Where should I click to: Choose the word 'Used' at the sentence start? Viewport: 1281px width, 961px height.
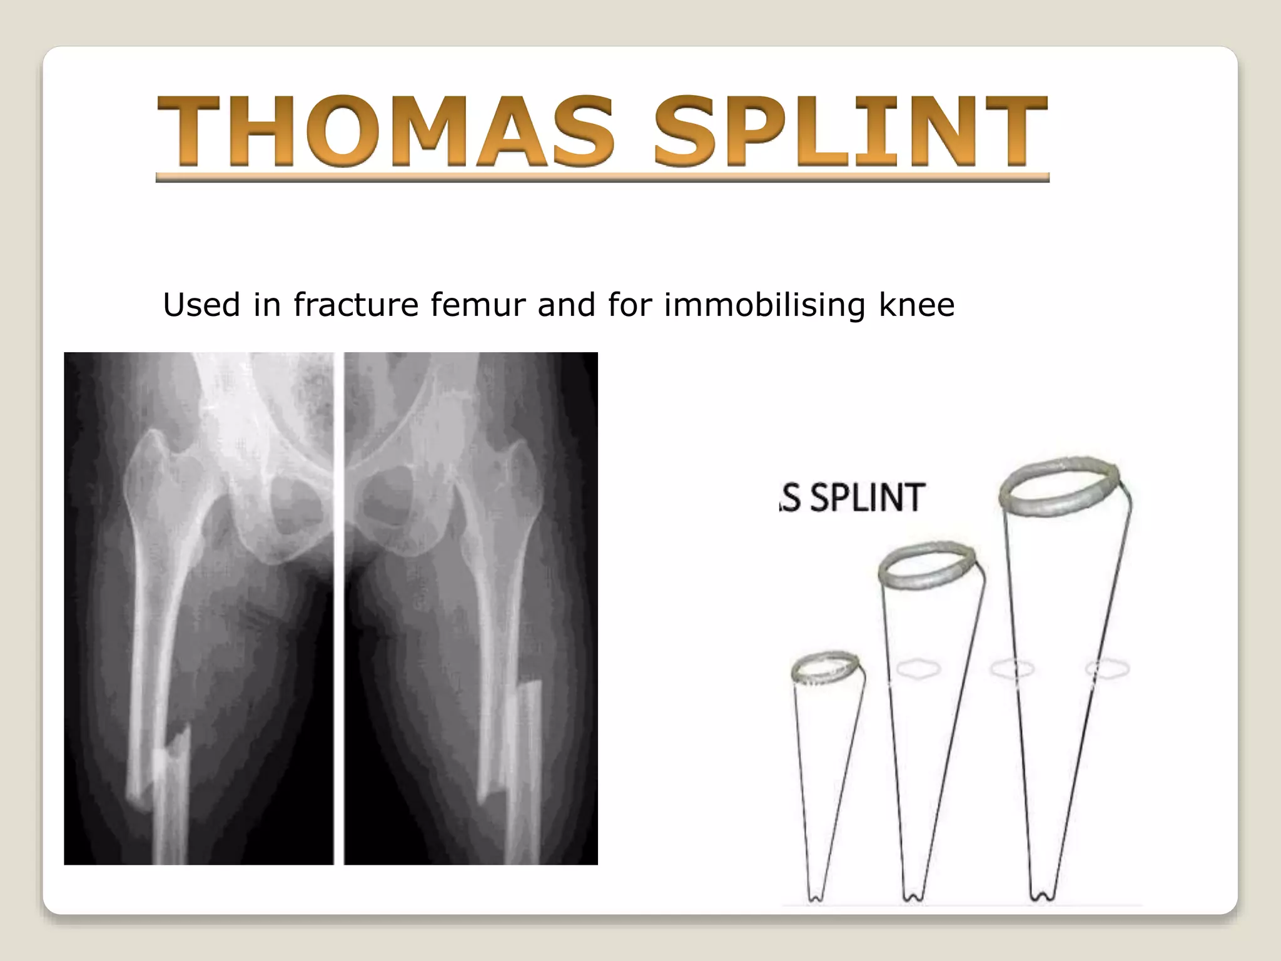click(x=201, y=305)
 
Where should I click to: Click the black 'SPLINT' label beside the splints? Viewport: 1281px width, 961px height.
click(x=867, y=498)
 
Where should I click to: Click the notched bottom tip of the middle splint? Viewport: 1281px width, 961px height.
click(x=912, y=896)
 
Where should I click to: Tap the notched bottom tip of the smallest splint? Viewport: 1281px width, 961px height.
click(x=814, y=896)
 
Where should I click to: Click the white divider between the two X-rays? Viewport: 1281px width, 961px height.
click(x=338, y=607)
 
